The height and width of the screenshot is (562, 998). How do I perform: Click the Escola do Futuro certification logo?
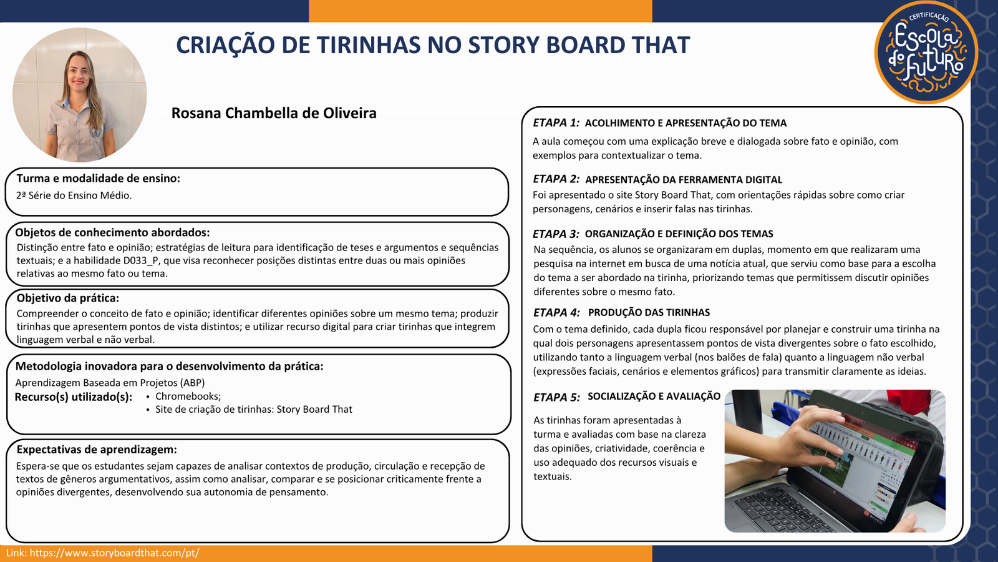(x=926, y=52)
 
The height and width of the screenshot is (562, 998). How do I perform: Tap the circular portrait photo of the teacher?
(x=80, y=94)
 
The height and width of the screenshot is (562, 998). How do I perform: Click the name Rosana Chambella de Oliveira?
(x=274, y=113)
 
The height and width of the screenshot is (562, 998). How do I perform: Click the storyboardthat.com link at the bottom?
(x=115, y=553)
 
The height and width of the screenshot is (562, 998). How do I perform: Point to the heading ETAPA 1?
(x=556, y=122)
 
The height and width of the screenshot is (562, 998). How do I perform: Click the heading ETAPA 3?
(x=556, y=234)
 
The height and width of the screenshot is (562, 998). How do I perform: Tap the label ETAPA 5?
(x=556, y=397)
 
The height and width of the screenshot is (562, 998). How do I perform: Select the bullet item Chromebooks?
(x=188, y=396)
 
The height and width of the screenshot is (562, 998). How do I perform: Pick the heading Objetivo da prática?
(x=68, y=298)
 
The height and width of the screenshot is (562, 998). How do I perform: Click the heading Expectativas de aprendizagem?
(x=96, y=449)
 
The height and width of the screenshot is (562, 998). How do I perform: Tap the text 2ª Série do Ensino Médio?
(x=74, y=195)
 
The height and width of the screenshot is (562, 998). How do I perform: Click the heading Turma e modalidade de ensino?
(x=99, y=179)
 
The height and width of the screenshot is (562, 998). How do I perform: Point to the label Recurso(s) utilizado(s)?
(x=74, y=397)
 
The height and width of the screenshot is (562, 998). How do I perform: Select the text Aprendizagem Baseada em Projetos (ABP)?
(x=110, y=383)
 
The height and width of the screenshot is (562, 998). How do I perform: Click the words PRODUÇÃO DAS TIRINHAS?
(x=649, y=312)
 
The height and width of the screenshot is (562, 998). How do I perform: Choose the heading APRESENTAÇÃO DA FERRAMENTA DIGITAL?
(x=684, y=179)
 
